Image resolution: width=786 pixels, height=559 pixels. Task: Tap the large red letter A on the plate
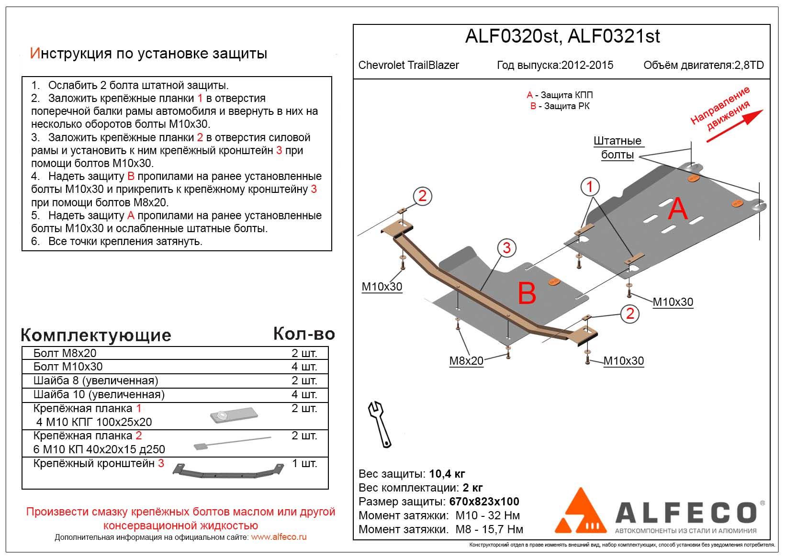(x=677, y=209)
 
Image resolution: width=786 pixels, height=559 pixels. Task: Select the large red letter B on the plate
(x=527, y=293)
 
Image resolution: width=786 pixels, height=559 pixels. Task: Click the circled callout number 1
(x=590, y=186)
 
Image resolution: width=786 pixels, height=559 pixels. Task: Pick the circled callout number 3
(x=506, y=247)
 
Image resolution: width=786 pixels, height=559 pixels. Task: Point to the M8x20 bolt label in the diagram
(x=466, y=361)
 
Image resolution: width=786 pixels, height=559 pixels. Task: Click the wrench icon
(x=380, y=424)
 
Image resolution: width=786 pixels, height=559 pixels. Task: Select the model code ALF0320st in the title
(x=511, y=37)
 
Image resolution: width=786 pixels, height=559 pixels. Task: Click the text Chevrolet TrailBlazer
(x=408, y=65)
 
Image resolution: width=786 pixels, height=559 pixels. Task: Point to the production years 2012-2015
(x=587, y=65)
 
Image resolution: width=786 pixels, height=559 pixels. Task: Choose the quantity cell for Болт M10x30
(x=304, y=367)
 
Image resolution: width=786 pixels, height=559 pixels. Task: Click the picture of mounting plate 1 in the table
(x=233, y=415)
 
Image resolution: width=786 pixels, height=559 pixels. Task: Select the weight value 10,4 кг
(x=447, y=474)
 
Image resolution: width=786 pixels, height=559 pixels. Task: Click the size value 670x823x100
(x=484, y=502)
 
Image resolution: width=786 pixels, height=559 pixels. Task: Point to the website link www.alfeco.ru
(x=279, y=537)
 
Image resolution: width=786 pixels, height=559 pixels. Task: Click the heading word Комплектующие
(x=96, y=335)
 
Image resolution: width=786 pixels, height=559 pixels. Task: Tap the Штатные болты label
(x=617, y=147)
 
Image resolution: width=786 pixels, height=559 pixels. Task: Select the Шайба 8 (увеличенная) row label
(x=96, y=381)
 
